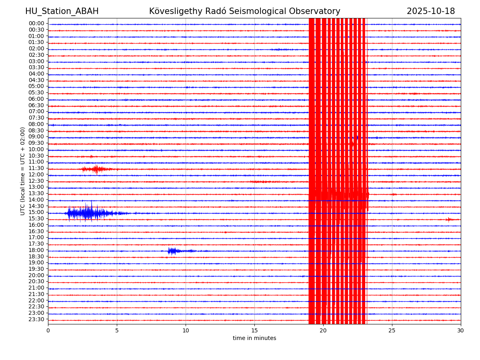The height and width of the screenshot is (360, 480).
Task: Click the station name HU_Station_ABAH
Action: tap(62, 11)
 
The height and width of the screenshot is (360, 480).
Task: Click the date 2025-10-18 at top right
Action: tap(430, 11)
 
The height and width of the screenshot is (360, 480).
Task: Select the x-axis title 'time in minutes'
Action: tap(254, 338)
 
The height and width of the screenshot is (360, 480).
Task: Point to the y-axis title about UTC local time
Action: tap(23, 171)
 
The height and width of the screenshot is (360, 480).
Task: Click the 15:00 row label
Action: tap(36, 212)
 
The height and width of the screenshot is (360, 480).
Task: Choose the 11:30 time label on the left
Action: tap(36, 168)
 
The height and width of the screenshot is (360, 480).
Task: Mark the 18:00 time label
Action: tap(36, 250)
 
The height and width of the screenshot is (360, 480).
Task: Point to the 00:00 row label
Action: tap(36, 24)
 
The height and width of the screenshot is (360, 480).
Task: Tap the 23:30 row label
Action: tap(36, 320)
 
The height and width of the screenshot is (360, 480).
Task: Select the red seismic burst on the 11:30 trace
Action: tap(96, 169)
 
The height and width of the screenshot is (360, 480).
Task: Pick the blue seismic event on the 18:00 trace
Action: tap(172, 251)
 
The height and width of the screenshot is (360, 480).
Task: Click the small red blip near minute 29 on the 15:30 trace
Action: tap(448, 219)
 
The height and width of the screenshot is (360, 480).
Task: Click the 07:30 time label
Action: tap(36, 118)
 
